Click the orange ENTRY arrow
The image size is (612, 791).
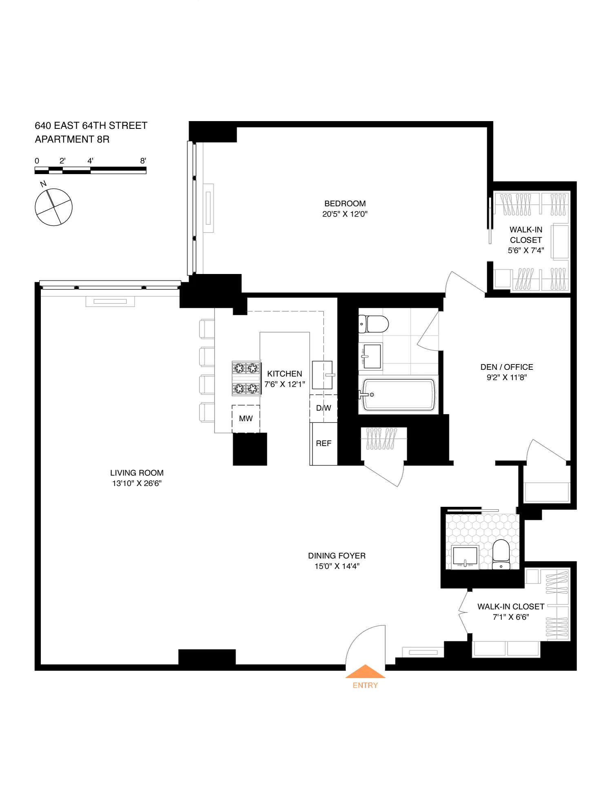tap(365, 672)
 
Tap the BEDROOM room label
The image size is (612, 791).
tap(345, 203)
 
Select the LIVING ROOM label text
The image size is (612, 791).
tap(137, 473)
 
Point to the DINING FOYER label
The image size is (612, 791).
tap(337, 556)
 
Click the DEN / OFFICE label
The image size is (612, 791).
tap(507, 367)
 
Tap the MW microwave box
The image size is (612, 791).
tap(246, 419)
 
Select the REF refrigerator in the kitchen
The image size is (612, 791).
tap(324, 444)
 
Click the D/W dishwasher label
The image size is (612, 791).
tap(324, 408)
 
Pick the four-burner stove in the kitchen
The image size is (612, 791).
tap(246, 378)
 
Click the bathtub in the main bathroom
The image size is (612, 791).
tap(398, 395)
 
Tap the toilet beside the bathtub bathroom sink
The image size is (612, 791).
tap(374, 324)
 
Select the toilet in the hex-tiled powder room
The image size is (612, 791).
tap(501, 554)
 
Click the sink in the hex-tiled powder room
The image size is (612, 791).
tap(465, 557)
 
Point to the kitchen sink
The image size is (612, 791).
tap(322, 375)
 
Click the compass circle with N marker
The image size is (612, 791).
tap(53, 207)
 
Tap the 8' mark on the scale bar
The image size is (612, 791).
tap(143, 161)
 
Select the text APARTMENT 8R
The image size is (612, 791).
tap(72, 139)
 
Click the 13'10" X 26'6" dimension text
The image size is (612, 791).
tap(137, 484)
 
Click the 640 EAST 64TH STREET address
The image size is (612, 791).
tap(91, 126)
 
